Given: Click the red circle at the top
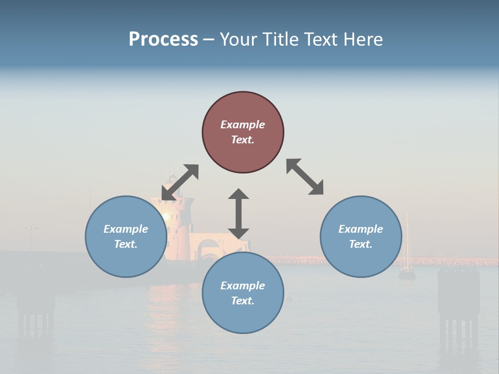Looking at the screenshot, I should (243, 132).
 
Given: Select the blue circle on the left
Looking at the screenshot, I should (126, 236).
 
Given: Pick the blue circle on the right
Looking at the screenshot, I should (361, 236).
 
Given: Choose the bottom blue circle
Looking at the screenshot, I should (243, 292).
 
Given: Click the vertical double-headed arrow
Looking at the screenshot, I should (239, 213).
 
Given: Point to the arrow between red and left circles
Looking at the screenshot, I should (180, 182).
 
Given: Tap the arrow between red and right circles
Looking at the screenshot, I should (305, 177).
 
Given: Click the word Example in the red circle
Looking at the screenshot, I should (243, 125).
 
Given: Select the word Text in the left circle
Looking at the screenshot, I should (126, 244).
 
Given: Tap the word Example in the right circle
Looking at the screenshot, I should (361, 229).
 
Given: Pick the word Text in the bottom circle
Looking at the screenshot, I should (243, 301).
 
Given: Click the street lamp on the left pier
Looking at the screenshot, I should (31, 229).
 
